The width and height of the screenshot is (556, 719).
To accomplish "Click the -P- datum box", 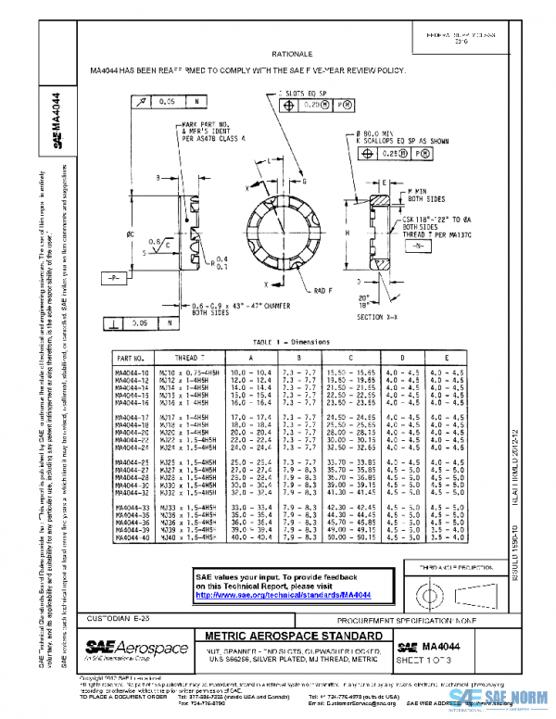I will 114,277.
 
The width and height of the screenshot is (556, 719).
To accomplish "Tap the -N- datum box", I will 418,247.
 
